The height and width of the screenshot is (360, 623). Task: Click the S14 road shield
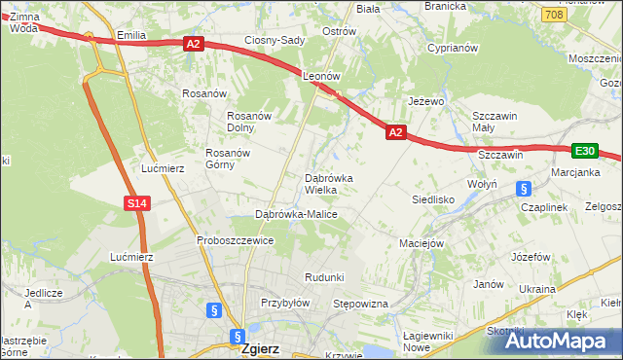(x=136, y=202)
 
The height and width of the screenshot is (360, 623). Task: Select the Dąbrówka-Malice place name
(x=296, y=213)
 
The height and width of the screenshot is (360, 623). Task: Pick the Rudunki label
(x=324, y=277)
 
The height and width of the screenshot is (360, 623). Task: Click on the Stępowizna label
(x=361, y=304)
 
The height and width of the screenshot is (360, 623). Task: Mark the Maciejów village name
(x=421, y=243)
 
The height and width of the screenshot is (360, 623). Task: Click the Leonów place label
(x=320, y=75)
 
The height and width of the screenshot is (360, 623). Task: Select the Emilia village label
(x=130, y=35)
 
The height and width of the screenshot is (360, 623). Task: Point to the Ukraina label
(x=536, y=289)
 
